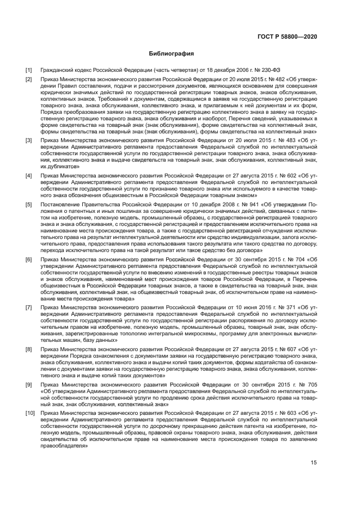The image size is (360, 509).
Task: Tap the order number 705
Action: (312, 385)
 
